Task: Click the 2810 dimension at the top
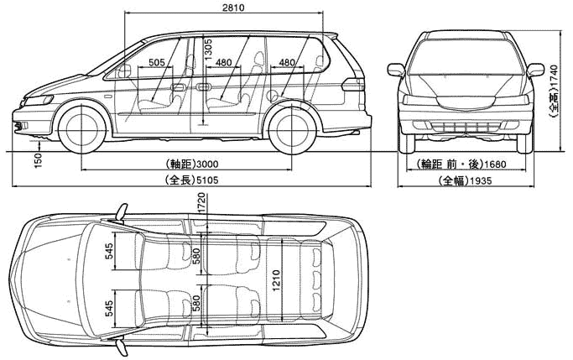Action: click(232, 8)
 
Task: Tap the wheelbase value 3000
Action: click(207, 164)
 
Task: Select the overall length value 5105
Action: click(207, 180)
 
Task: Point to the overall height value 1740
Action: click(554, 77)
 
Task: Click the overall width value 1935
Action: click(481, 180)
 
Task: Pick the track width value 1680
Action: click(495, 164)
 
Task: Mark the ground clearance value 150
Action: click(39, 161)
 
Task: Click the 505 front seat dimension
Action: click(157, 62)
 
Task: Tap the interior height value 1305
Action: click(208, 50)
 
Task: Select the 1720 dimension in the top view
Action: click(201, 203)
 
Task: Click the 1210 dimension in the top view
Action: click(276, 280)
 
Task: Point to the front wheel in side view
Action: click(82, 128)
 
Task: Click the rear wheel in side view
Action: click(292, 129)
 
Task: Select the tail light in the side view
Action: click(353, 85)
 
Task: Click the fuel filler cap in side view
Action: click(273, 96)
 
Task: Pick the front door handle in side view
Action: click(178, 87)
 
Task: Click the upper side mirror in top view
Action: click(122, 213)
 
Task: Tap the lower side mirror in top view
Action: click(122, 347)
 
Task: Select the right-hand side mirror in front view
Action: click(534, 70)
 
